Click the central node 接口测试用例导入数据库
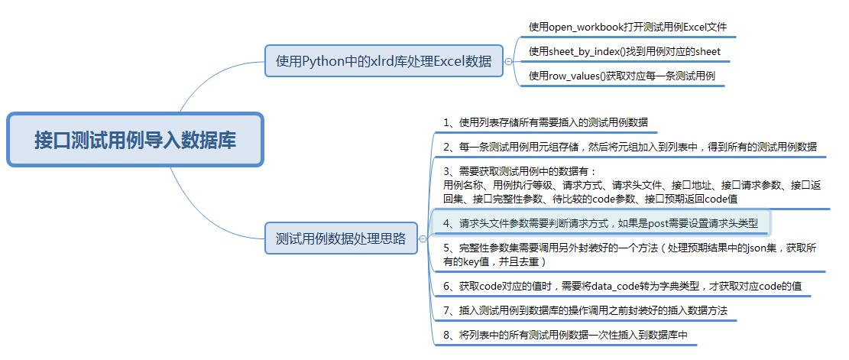pos(135,140)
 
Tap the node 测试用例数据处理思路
pos(341,238)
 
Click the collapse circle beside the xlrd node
pos(509,61)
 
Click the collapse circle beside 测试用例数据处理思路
pos(423,238)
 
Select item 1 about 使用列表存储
pos(545,122)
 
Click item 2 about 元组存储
pos(630,147)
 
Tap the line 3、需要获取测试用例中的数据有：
pos(520,171)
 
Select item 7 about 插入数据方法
pos(585,310)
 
